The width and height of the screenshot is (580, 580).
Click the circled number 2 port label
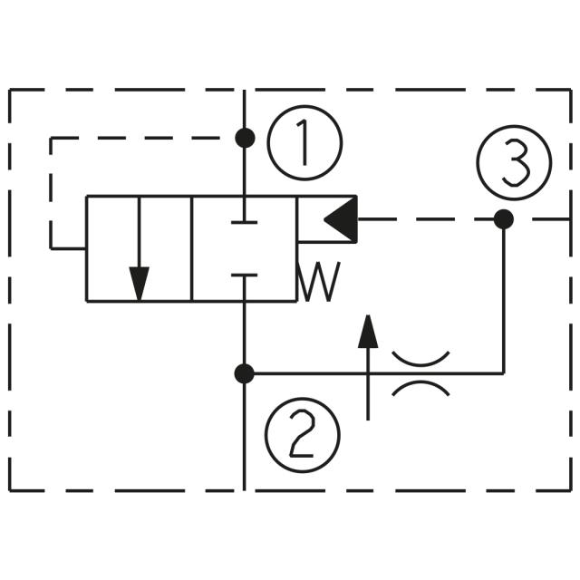[302, 435]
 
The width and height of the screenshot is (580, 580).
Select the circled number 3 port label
[514, 164]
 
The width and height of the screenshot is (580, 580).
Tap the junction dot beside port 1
[245, 138]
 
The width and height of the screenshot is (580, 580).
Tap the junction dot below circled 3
[504, 219]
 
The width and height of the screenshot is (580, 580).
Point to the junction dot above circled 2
[245, 372]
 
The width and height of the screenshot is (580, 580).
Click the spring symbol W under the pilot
[320, 283]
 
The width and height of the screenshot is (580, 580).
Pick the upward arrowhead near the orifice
[367, 333]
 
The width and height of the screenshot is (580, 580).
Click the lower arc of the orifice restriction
[420, 387]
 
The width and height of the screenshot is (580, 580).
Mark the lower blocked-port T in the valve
[245, 275]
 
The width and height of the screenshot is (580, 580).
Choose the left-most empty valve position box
[112, 247]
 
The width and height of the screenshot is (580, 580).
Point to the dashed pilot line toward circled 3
[426, 219]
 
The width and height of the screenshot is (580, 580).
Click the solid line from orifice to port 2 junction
[308, 372]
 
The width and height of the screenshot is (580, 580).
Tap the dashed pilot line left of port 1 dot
[136, 138]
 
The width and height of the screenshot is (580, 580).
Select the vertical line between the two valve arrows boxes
[192, 247]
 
